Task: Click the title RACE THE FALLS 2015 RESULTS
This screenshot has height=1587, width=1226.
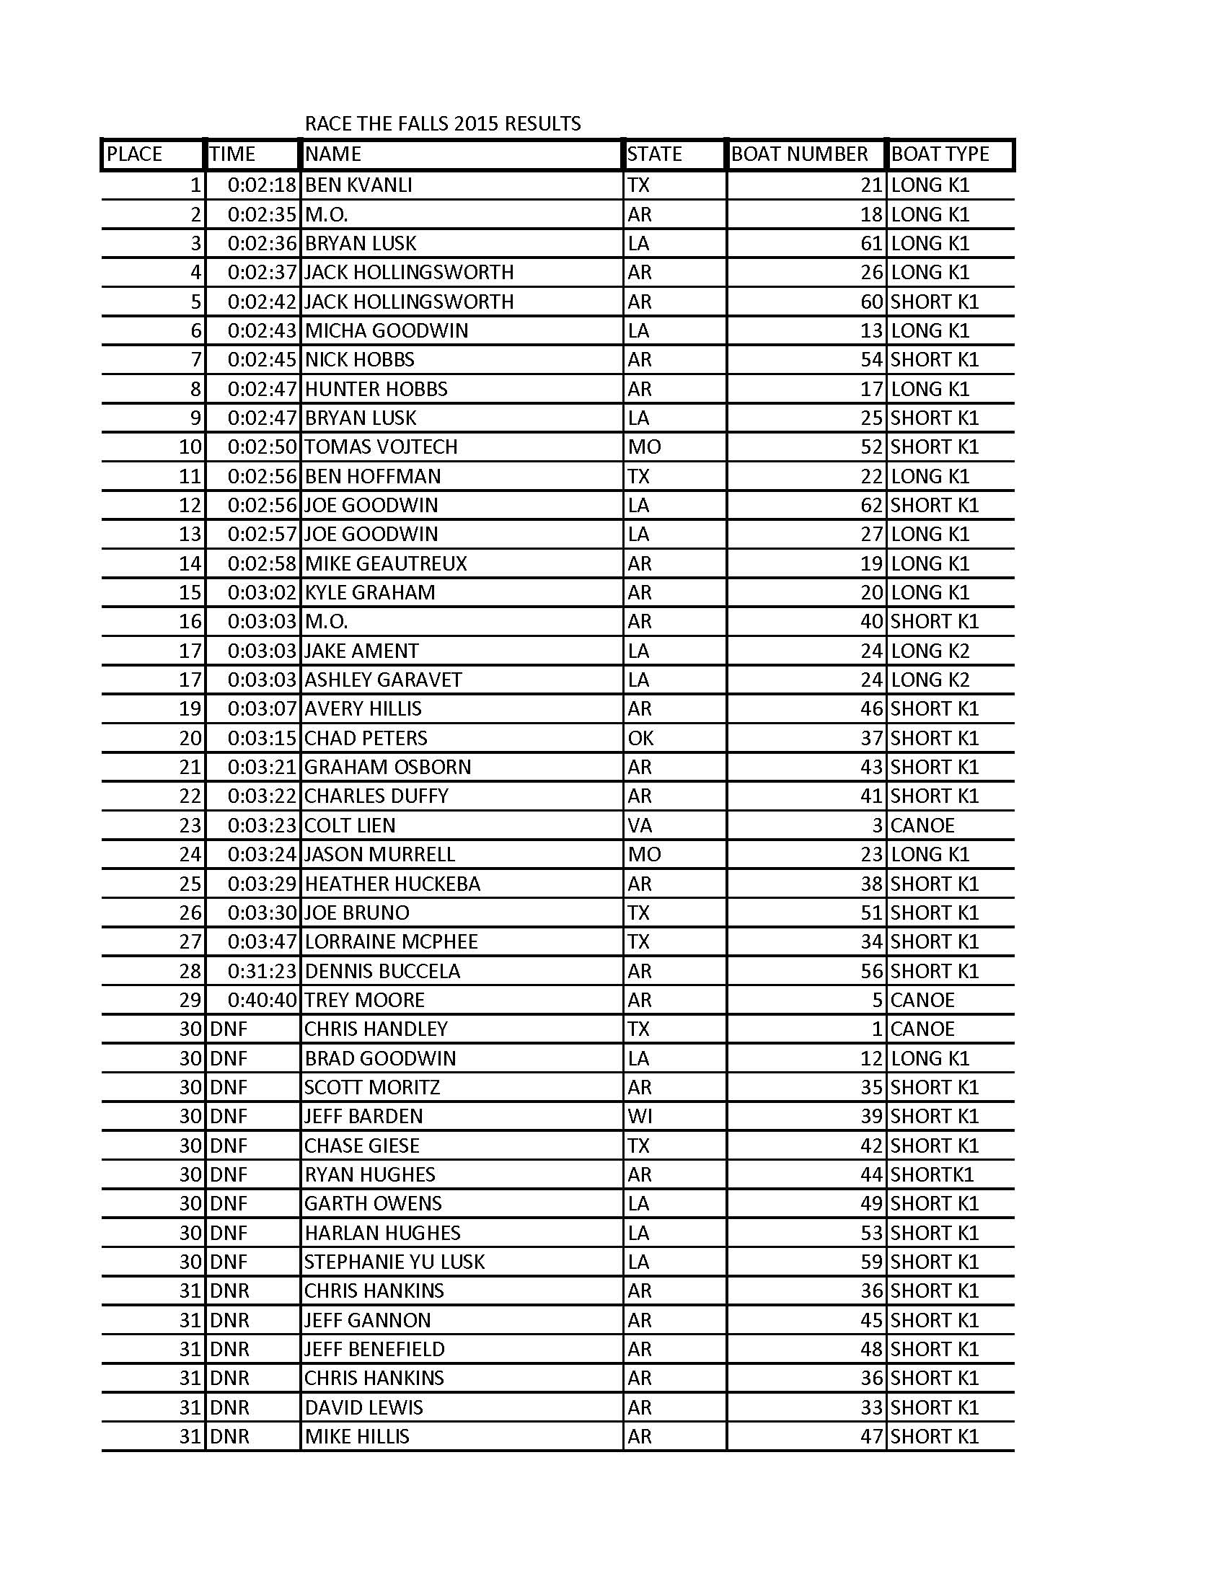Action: (442, 123)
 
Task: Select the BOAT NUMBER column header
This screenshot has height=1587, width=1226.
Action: (799, 154)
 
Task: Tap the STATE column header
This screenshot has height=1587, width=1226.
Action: (654, 154)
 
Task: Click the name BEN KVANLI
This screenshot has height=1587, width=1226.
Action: (358, 185)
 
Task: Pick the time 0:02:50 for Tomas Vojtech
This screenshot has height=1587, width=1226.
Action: (263, 447)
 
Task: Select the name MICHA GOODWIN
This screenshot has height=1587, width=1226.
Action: (387, 330)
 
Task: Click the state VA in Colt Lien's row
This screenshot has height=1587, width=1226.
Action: (640, 825)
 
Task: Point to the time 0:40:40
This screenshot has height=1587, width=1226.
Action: (263, 1000)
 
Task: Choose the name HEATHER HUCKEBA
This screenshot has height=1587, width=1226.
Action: (392, 884)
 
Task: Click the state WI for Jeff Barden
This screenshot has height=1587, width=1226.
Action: (640, 1116)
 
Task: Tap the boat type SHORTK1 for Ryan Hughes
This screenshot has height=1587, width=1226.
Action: (932, 1174)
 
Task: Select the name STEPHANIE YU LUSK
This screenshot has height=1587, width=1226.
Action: (394, 1262)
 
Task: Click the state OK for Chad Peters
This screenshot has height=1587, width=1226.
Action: (640, 738)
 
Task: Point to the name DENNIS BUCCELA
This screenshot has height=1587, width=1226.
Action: (382, 971)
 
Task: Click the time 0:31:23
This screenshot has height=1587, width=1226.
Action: (263, 971)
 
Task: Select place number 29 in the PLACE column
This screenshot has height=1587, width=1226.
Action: (190, 1000)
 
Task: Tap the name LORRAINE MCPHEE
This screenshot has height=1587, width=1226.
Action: (391, 941)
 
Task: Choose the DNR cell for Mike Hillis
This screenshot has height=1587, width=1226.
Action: (229, 1436)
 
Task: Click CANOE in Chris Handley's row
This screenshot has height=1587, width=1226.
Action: (922, 1029)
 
